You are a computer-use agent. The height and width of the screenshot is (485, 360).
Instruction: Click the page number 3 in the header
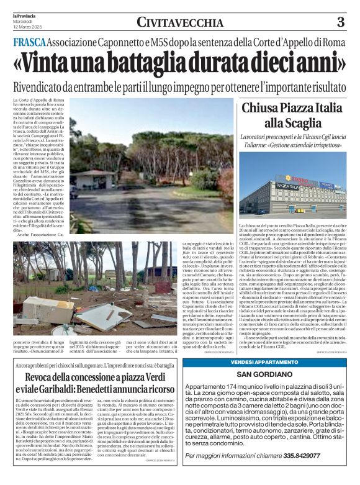tap(340, 22)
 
